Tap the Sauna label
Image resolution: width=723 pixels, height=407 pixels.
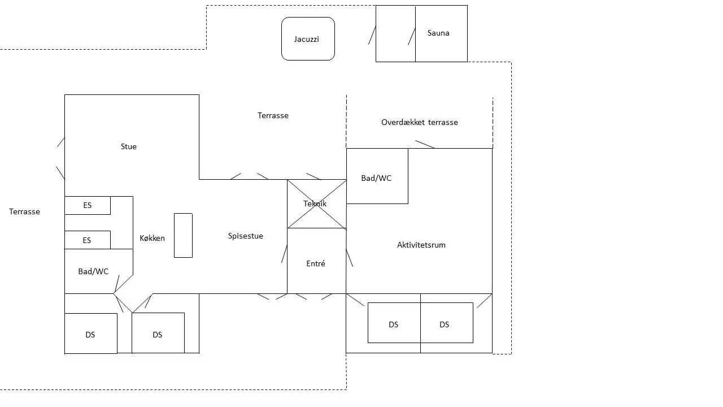pos(438,33)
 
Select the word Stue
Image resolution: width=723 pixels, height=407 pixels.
pos(128,146)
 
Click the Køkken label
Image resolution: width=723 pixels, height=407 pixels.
pos(152,238)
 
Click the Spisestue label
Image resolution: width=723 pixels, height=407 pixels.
pos(245,236)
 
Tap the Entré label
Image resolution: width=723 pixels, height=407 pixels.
pos(316,263)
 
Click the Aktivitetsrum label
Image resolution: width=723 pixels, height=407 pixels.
pos(421,245)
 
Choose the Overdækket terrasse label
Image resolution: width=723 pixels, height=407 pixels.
pos(420,123)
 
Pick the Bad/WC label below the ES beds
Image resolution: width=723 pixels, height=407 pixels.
pos(93,271)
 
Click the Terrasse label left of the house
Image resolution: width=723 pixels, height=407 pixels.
pos(24,211)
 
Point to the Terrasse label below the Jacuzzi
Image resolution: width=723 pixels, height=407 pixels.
pos(273,116)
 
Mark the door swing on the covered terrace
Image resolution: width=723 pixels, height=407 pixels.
pos(425,144)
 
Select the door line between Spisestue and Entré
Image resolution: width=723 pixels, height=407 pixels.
pos(284,254)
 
